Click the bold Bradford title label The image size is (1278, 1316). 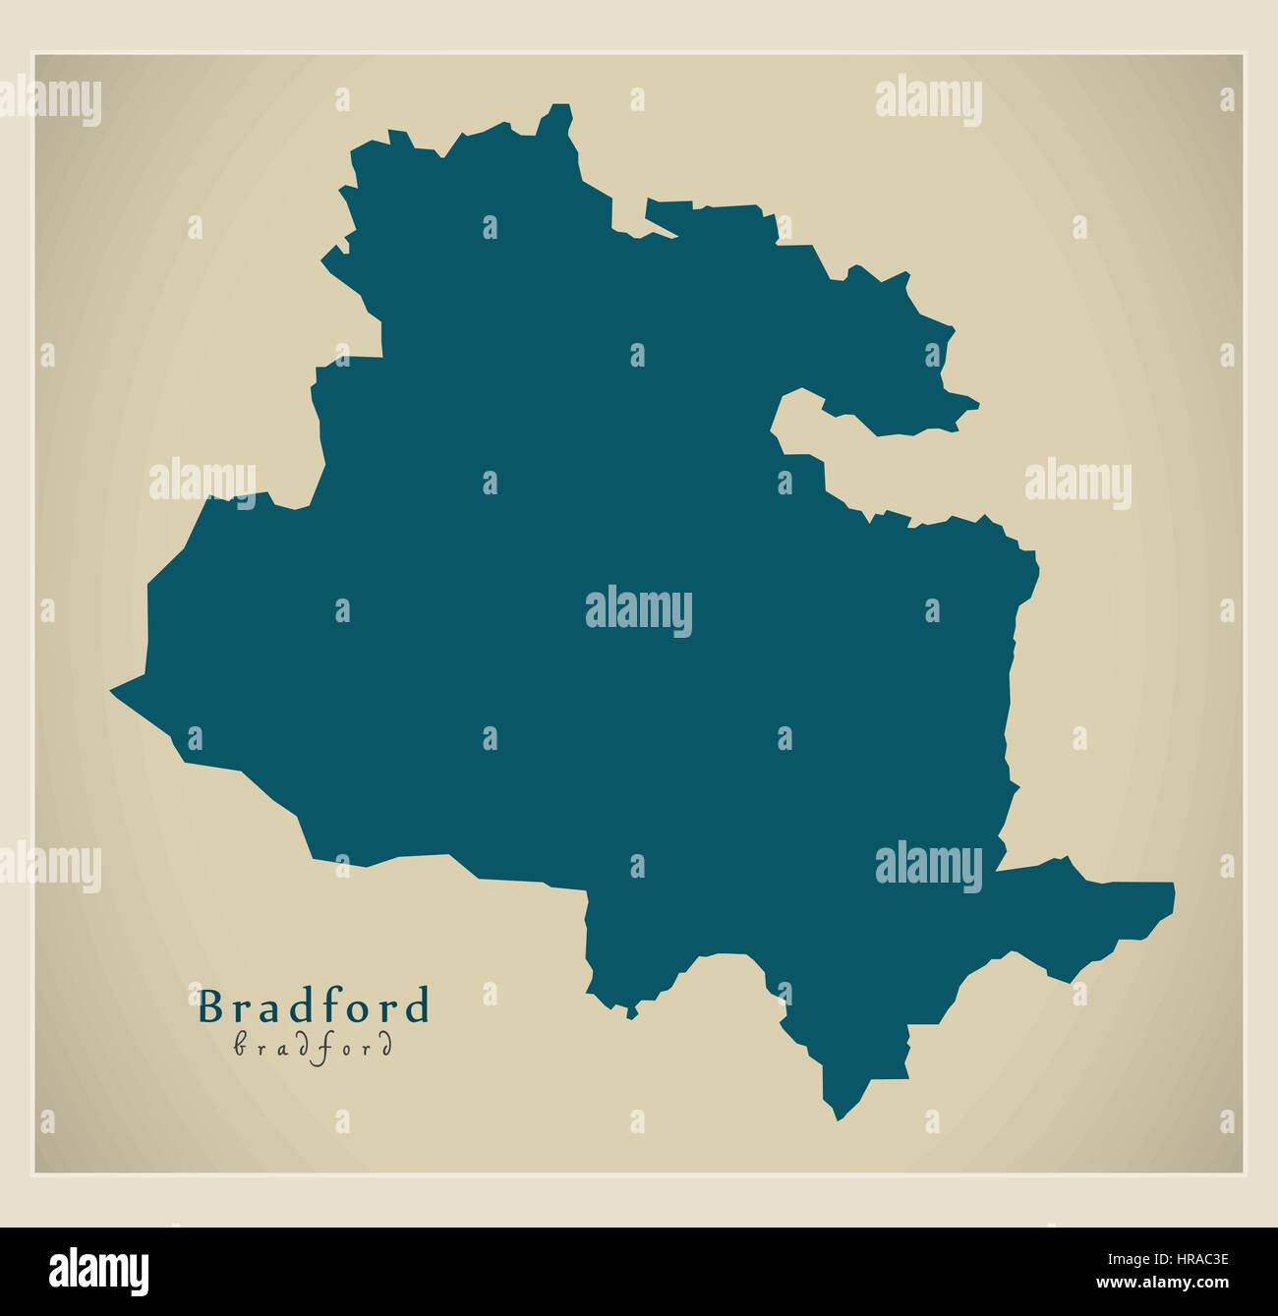pos(314,1006)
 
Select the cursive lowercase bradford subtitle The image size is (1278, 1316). pos(314,1047)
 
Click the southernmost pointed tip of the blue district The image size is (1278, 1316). pos(838,1118)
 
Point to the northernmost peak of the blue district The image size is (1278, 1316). pos(561,104)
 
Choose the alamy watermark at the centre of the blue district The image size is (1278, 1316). pos(639,610)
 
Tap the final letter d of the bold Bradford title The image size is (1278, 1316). pos(420,1006)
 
